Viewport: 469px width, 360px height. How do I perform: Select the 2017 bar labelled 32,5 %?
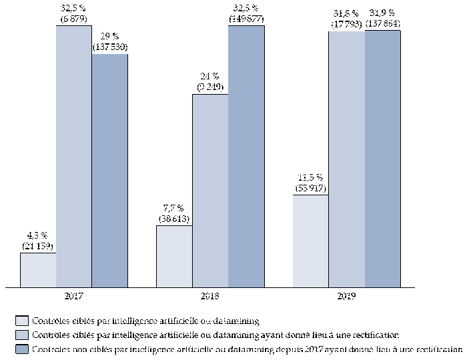[x=74, y=157]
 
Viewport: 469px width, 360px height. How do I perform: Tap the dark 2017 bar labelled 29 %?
[x=110, y=171]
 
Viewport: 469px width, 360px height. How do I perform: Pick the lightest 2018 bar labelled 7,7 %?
[x=174, y=256]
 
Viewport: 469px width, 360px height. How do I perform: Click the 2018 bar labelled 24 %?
[x=210, y=191]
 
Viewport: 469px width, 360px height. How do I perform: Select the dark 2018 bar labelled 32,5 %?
[x=246, y=157]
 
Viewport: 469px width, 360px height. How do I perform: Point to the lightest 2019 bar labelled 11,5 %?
[x=310, y=241]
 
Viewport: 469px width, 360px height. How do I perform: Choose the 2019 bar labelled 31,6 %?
[x=346, y=159]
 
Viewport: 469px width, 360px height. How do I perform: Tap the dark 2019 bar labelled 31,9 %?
[x=382, y=159]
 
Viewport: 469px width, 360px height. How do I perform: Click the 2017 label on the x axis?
[x=74, y=294]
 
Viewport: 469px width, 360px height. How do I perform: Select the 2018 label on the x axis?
[x=210, y=294]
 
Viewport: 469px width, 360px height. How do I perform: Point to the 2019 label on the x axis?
[x=346, y=294]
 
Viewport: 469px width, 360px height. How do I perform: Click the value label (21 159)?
[x=38, y=247]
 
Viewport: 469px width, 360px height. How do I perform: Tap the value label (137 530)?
[x=110, y=48]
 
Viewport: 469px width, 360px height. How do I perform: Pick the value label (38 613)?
[x=174, y=219]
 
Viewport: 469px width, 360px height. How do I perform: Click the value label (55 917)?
[x=310, y=189]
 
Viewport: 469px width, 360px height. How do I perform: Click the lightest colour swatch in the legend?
[x=21, y=321]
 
